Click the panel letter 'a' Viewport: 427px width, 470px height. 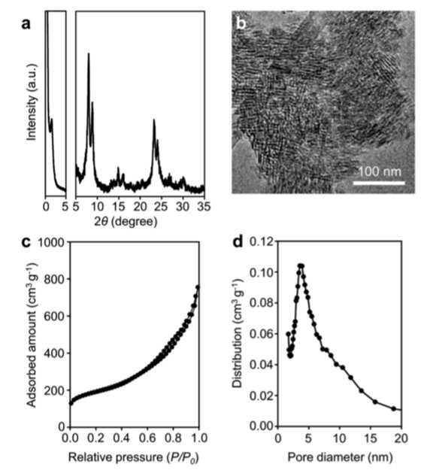pos(26,23)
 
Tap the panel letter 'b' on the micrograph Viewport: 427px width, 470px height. pos(241,23)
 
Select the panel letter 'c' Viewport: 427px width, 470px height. pos(26,242)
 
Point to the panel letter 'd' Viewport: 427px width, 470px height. pos(238,241)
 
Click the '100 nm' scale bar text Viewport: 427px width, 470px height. pos(380,171)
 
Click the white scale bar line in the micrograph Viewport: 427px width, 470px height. pos(379,183)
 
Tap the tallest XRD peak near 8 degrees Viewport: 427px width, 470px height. pos(89,53)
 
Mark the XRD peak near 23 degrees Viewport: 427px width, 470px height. pos(154,120)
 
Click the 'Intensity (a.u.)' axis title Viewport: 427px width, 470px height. pos(32,102)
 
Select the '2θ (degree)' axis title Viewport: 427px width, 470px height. pos(126,222)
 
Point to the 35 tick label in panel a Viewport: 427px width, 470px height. pos(204,207)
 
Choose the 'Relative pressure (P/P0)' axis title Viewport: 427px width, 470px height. pos(134,457)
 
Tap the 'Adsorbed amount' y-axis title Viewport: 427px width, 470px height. pos(32,335)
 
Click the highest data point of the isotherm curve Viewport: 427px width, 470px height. pos(198,287)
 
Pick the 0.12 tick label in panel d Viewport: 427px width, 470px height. pos(262,241)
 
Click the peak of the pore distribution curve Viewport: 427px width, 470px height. pos(301,265)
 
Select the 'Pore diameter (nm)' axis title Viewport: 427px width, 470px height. pos(340,457)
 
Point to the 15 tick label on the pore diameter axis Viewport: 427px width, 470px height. pos(371,438)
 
